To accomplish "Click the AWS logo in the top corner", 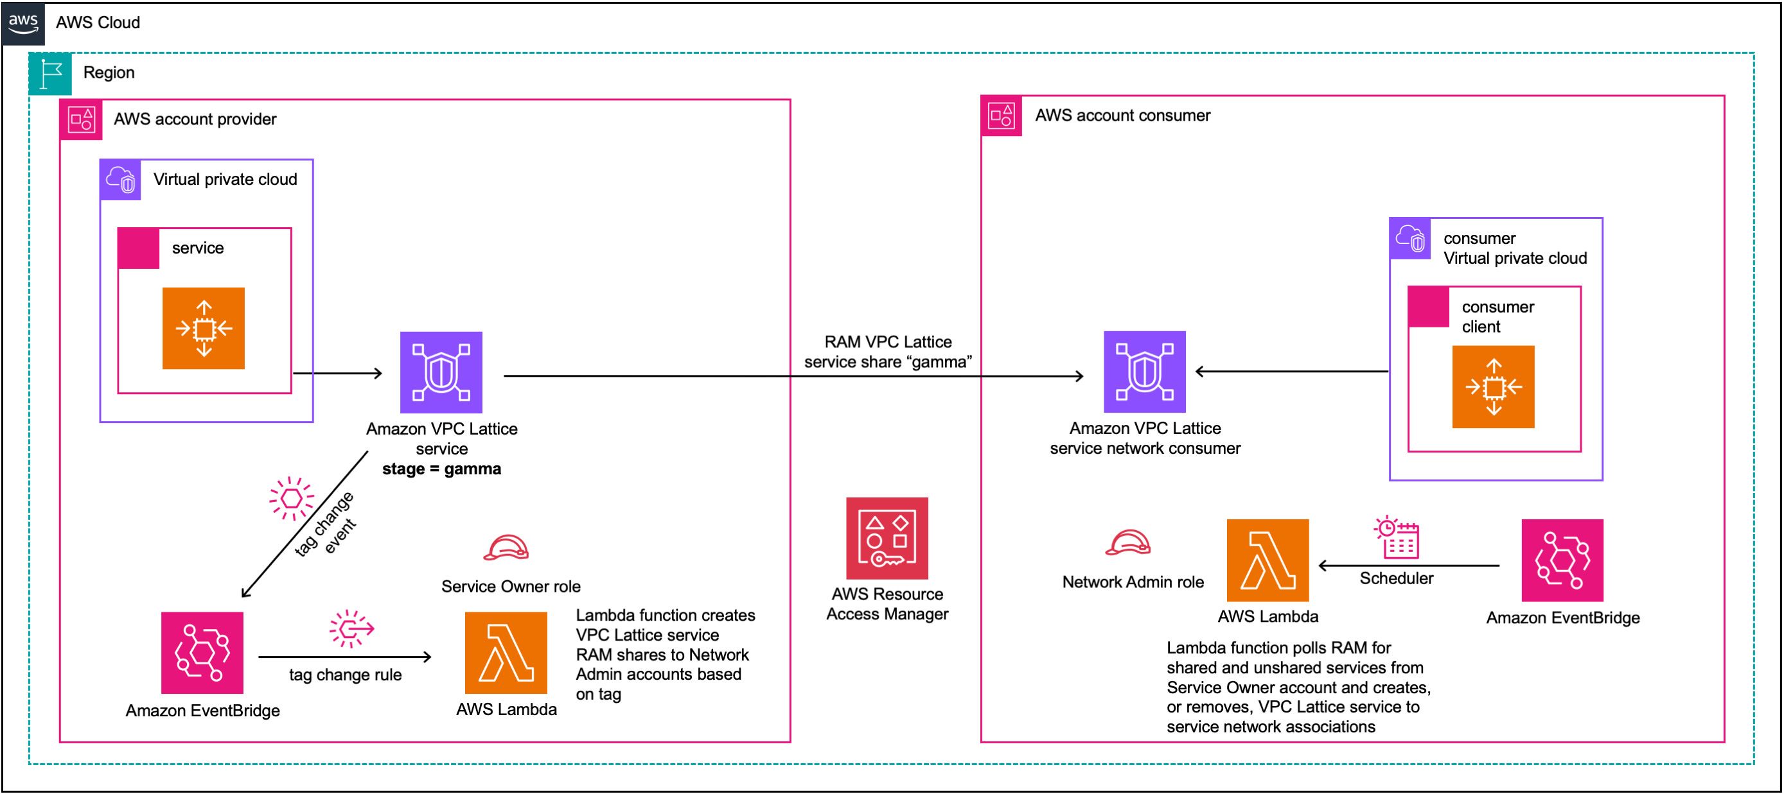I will [24, 23].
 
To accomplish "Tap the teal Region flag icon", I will [51, 73].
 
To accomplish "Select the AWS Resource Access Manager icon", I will [887, 538].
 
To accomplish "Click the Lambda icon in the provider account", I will [506, 652].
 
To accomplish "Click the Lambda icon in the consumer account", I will [1267, 559].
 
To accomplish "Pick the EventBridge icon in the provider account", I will [202, 652].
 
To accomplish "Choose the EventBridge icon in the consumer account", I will [1562, 559].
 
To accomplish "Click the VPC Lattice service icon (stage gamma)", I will [441, 372].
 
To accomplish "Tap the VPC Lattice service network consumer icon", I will [1144, 372].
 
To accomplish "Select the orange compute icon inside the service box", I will [204, 328].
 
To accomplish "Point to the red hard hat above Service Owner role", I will [506, 548].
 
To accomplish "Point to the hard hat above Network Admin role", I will [1127, 543].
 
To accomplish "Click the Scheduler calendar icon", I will [1396, 537].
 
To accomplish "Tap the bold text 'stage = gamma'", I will [441, 469].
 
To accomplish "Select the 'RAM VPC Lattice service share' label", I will [887, 352].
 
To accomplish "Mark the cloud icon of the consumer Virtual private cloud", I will [1410, 239].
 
